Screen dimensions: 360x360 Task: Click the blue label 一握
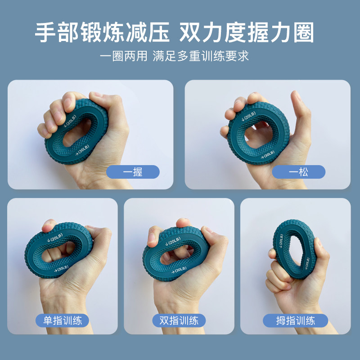pos(133,172)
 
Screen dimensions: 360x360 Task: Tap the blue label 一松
pos(298,172)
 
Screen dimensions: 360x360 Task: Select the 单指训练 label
pos(62,320)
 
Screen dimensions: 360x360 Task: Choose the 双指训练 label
pos(179,320)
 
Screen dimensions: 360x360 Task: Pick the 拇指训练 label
pos(295,320)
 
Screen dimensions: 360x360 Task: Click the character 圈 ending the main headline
pos(303,32)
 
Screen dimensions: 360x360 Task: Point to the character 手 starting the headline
pos(45,32)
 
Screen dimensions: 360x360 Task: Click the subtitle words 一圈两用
pos(123,56)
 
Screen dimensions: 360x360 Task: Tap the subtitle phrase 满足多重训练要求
pos(201,56)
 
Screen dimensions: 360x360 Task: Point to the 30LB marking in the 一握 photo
pos(83,150)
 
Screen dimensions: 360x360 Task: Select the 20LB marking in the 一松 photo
pos(249,116)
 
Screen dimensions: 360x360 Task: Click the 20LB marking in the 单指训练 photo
pos(55,238)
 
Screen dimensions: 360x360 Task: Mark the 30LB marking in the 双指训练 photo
pos(179,270)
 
